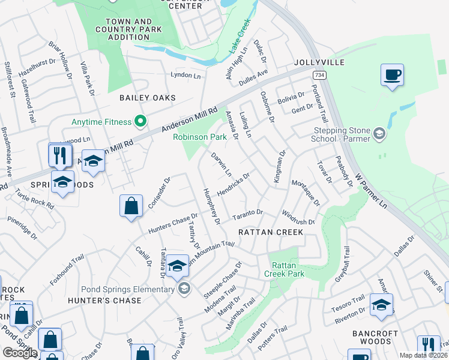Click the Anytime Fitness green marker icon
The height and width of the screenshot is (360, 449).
point(140,122)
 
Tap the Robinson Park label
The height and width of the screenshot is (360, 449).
point(200,137)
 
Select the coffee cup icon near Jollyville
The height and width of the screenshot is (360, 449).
point(392,76)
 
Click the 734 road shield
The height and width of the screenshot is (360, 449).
point(319,74)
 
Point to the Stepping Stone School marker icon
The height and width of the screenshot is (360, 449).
point(379,133)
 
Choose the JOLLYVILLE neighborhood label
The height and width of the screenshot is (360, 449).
point(319,62)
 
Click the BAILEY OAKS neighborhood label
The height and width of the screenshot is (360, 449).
point(147,98)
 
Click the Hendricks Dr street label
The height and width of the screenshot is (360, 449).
point(233,184)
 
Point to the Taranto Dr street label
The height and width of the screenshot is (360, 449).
point(248,213)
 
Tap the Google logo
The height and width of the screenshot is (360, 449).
point(20,352)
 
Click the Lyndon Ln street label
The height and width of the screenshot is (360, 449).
point(185,76)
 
